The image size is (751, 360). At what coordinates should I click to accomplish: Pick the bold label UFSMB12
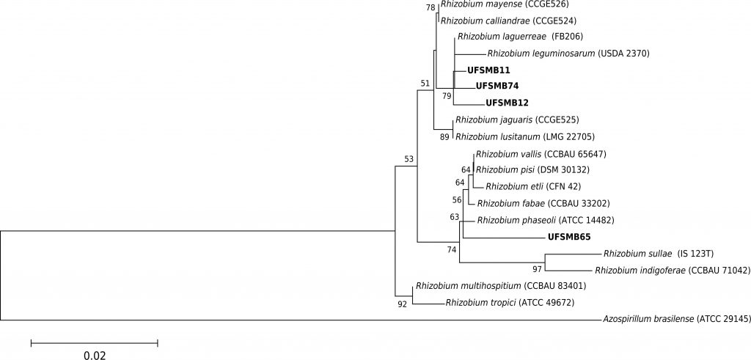point(508,103)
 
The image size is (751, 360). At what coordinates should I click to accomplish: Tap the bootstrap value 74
point(452,250)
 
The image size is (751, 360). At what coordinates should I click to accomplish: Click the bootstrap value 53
point(409,159)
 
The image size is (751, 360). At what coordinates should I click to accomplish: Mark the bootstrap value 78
point(431,8)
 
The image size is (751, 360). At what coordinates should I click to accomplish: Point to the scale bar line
point(95,342)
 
